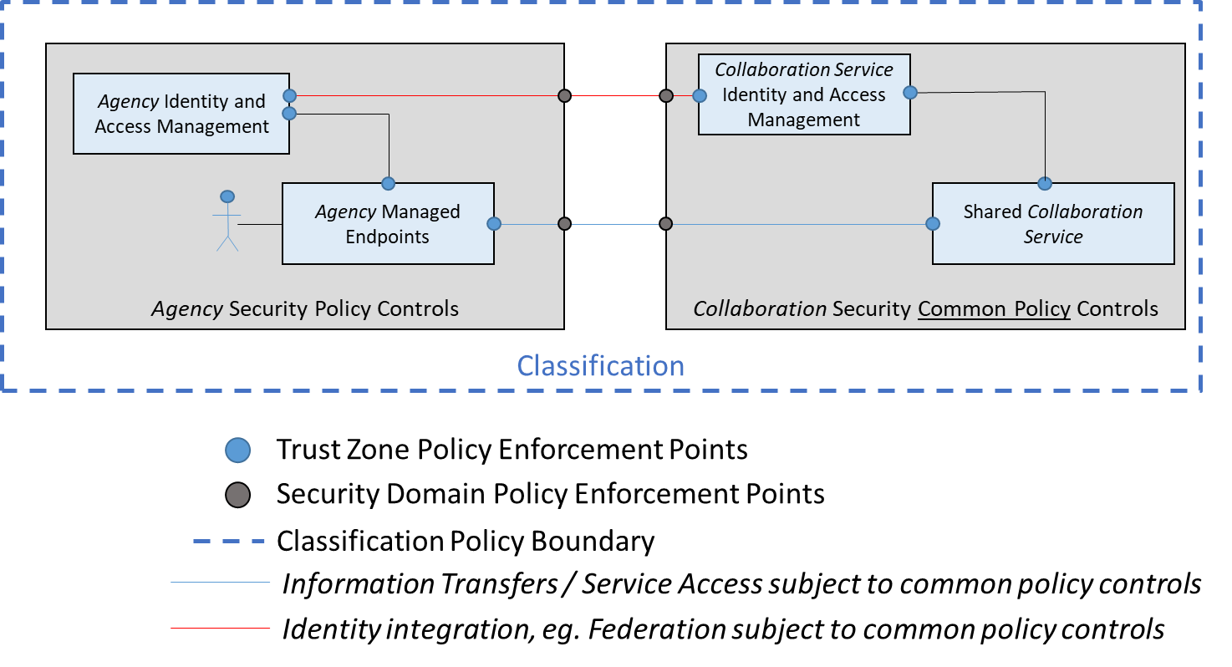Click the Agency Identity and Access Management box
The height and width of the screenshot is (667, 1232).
pyautogui.click(x=181, y=114)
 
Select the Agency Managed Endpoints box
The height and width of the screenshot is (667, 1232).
pyautogui.click(x=388, y=224)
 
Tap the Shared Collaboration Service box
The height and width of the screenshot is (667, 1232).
pyautogui.click(x=1052, y=224)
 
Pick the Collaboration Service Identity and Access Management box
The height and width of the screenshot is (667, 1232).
pyautogui.click(x=803, y=94)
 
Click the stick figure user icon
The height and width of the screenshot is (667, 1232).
pyautogui.click(x=227, y=221)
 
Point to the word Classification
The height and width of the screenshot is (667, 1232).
pyautogui.click(x=600, y=366)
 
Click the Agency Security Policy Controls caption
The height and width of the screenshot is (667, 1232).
pyautogui.click(x=305, y=309)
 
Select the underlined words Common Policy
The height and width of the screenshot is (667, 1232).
pyautogui.click(x=994, y=309)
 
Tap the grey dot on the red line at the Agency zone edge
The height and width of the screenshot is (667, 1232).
pyautogui.click(x=564, y=96)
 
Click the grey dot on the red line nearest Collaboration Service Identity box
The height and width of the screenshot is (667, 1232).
pyautogui.click(x=666, y=96)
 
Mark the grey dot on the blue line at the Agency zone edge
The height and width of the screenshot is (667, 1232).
pyautogui.click(x=564, y=223)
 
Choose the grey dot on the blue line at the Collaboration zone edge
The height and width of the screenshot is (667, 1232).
pyautogui.click(x=666, y=223)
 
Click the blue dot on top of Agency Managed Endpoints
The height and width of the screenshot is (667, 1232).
pyautogui.click(x=388, y=183)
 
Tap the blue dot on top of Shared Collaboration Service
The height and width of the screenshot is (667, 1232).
pyautogui.click(x=1044, y=183)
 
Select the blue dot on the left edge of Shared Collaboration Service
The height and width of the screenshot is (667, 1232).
pyautogui.click(x=933, y=223)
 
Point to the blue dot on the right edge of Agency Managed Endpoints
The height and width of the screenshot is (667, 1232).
pyautogui.click(x=494, y=223)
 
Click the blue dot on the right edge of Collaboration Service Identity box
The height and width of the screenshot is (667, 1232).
pyautogui.click(x=910, y=92)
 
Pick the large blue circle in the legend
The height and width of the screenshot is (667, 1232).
pyautogui.click(x=238, y=451)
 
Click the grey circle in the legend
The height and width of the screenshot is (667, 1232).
pyautogui.click(x=238, y=496)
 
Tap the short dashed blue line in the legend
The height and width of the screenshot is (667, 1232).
pyautogui.click(x=228, y=542)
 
